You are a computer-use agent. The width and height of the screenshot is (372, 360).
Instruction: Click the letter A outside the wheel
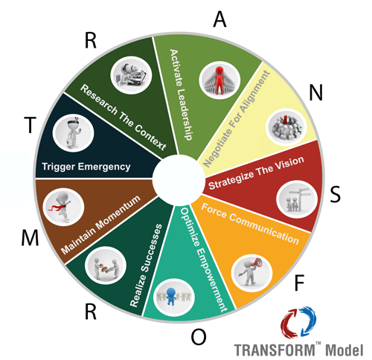tap(219, 19)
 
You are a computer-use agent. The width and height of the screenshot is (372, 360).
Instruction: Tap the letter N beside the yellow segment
tap(316, 92)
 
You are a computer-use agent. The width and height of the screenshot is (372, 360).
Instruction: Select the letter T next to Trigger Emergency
tap(30, 125)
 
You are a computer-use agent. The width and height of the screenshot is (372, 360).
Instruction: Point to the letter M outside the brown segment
tap(30, 238)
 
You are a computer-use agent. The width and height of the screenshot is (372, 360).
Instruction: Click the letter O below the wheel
tap(199, 337)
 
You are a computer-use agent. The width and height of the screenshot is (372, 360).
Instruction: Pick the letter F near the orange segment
tap(299, 283)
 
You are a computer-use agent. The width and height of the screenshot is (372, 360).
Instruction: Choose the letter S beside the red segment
tap(336, 194)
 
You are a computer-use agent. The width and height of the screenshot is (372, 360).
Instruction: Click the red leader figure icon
tap(219, 80)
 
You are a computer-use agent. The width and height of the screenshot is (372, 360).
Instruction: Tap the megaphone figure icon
tap(251, 273)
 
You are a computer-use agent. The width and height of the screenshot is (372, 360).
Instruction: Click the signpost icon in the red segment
tap(297, 199)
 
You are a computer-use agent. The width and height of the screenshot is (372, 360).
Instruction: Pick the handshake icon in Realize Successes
tap(106, 266)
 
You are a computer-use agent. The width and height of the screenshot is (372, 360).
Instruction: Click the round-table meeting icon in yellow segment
tap(286, 127)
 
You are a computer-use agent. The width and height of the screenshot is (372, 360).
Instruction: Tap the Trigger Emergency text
tap(86, 167)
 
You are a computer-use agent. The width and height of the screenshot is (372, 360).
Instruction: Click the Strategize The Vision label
tap(256, 173)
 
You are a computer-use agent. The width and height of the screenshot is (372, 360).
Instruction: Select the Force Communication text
tap(250, 224)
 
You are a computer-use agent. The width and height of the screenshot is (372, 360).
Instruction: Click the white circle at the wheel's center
tap(179, 180)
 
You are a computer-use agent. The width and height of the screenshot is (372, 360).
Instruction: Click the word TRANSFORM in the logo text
tap(275, 350)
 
